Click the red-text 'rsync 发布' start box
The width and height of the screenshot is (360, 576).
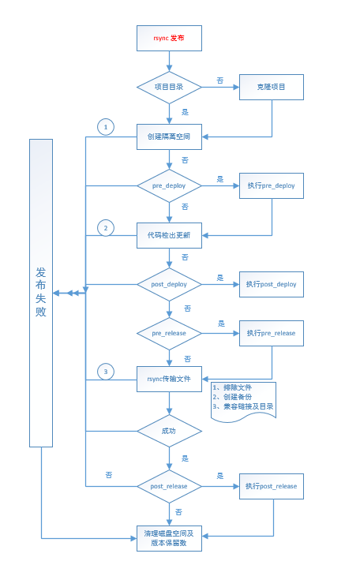(169, 38)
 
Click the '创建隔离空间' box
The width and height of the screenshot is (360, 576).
(169, 137)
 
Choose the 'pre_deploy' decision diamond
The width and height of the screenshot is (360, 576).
(169, 186)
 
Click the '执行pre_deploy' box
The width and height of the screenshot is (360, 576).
(272, 186)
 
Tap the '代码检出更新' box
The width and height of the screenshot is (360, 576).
(169, 234)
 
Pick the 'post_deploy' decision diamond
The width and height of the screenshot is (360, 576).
(169, 284)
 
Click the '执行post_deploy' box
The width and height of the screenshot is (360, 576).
(272, 284)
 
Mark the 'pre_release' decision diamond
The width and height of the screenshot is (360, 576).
(169, 333)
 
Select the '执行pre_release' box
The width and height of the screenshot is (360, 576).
(272, 333)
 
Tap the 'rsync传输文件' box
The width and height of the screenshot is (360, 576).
(169, 380)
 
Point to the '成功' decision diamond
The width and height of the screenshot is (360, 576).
(169, 432)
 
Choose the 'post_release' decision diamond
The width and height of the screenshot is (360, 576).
(169, 486)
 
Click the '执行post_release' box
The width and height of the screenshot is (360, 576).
(272, 486)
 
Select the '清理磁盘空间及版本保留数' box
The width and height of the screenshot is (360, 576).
(169, 539)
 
